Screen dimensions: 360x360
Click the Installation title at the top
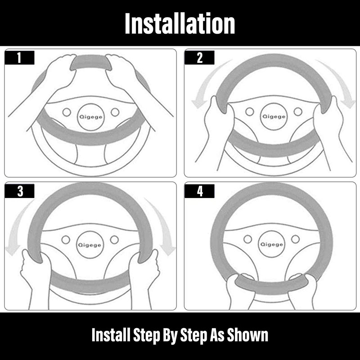(180, 23)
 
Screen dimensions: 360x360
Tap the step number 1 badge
(19, 58)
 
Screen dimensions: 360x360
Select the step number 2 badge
(199, 58)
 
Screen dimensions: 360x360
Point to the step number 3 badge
(19, 191)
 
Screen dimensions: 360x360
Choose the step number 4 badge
(199, 191)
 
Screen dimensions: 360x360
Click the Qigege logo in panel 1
(91, 117)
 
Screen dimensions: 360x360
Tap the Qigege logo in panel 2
(274, 117)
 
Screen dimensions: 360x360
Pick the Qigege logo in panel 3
(90, 245)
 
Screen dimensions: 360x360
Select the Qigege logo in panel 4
(271, 244)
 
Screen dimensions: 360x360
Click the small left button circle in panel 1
(67, 112)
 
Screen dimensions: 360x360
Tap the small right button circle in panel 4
(296, 239)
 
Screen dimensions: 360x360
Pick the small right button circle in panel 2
(298, 112)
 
